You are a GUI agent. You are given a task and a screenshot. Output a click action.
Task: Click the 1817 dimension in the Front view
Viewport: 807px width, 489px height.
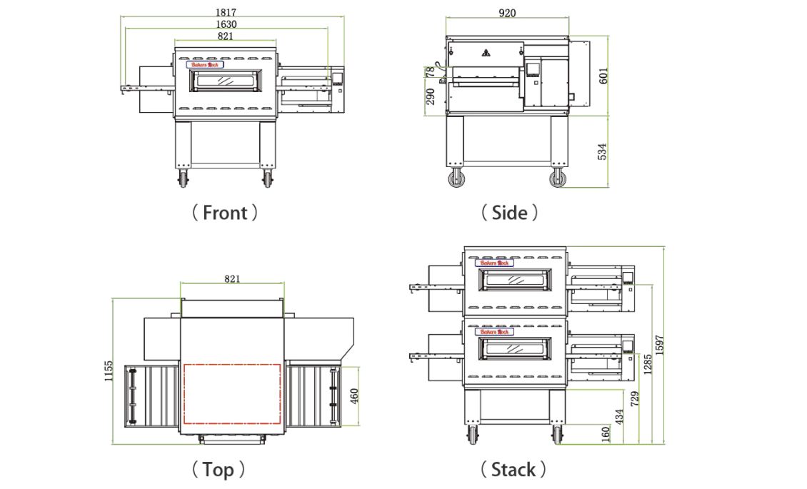pyautogui.click(x=226, y=12)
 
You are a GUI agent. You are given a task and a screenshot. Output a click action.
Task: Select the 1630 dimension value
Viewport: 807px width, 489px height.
pyautogui.click(x=226, y=24)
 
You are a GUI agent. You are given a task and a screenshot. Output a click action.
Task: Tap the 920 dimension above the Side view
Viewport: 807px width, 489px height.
pyautogui.click(x=507, y=12)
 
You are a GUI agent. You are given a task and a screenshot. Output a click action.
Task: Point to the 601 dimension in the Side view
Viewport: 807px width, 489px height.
pyautogui.click(x=603, y=76)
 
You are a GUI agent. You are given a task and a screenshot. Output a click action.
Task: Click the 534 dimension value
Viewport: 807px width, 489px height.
pyautogui.click(x=603, y=151)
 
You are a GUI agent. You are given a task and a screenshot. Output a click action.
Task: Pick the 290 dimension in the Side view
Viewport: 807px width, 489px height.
pyautogui.click(x=431, y=96)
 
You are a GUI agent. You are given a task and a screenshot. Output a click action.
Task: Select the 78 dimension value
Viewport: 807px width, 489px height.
pyautogui.click(x=431, y=72)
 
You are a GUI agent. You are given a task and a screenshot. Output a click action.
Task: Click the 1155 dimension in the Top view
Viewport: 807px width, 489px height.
pyautogui.click(x=109, y=371)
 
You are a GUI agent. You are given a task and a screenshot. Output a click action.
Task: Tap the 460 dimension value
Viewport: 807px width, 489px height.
pyautogui.click(x=354, y=395)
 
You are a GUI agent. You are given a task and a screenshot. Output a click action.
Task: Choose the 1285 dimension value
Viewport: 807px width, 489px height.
pyautogui.click(x=646, y=364)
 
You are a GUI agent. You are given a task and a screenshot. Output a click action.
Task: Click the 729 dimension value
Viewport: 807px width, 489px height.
pyautogui.click(x=634, y=400)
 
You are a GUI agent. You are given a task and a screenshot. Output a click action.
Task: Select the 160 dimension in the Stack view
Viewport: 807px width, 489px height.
pyautogui.click(x=606, y=433)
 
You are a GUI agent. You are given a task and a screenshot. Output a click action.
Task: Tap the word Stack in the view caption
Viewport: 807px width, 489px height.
pyautogui.click(x=513, y=470)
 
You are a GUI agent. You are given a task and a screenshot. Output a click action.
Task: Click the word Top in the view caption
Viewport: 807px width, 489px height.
pyautogui.click(x=218, y=470)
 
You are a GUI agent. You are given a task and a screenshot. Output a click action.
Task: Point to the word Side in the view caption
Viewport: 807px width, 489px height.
pyautogui.click(x=509, y=213)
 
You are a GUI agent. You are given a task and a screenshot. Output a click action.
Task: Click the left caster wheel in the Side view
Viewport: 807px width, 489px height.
pyautogui.click(x=455, y=178)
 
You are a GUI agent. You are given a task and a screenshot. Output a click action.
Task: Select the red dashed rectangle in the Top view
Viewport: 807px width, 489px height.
pyautogui.click(x=232, y=393)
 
